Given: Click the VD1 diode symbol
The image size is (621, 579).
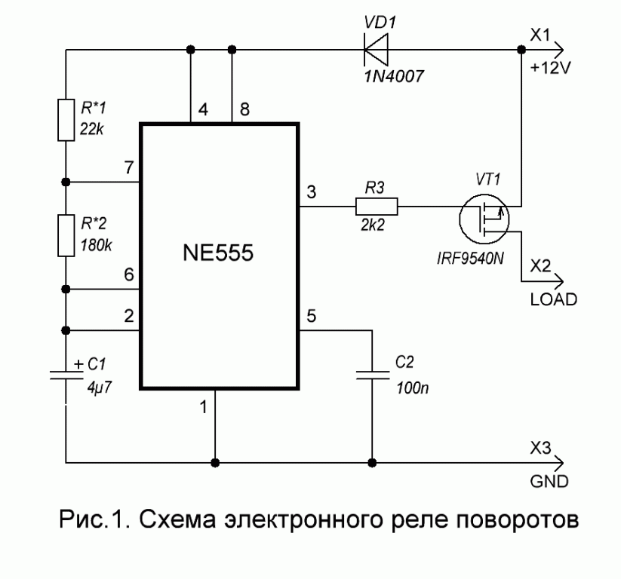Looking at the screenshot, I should [x=376, y=51].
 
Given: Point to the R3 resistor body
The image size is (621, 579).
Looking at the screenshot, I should [x=376, y=204].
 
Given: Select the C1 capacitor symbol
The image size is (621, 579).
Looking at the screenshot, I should [x=66, y=377].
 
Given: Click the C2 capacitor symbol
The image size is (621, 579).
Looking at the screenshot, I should [x=371, y=377].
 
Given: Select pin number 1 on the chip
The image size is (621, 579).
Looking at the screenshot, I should [x=203, y=408].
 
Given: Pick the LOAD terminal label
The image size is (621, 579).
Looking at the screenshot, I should [x=552, y=299].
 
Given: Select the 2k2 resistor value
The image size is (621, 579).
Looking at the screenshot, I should [x=376, y=224].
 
